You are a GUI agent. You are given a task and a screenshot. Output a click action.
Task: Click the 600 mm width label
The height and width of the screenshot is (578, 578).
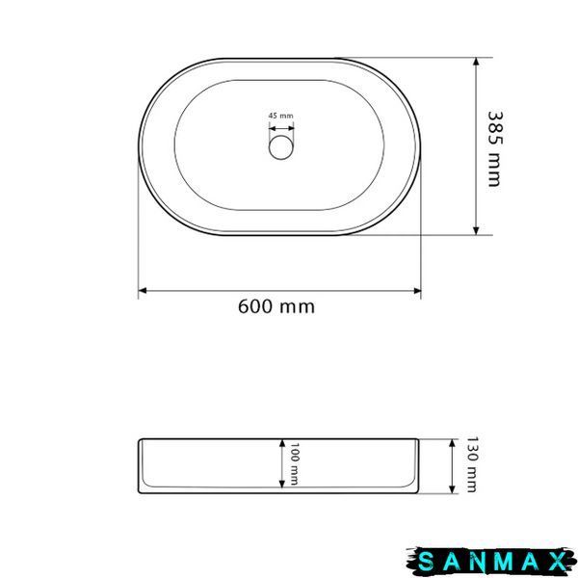[x=276, y=306]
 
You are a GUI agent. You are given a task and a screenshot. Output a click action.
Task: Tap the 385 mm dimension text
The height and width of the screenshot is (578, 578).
[x=495, y=149]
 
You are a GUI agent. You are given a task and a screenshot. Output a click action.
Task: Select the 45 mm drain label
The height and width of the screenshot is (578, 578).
[x=281, y=116]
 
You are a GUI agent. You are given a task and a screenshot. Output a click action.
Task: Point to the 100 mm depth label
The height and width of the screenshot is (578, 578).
[x=294, y=464]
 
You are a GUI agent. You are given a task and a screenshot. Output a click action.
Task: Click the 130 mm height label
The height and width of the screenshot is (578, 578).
[x=472, y=464]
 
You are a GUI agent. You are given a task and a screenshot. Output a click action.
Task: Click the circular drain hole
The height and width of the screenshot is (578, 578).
[x=281, y=147]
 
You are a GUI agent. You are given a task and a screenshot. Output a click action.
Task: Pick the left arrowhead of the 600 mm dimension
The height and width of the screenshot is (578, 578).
[x=143, y=291]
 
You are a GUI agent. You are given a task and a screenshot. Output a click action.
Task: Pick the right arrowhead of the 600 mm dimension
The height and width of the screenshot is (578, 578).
[x=417, y=291]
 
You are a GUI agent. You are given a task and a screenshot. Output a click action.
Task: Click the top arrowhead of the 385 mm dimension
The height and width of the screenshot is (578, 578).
[x=476, y=62]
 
